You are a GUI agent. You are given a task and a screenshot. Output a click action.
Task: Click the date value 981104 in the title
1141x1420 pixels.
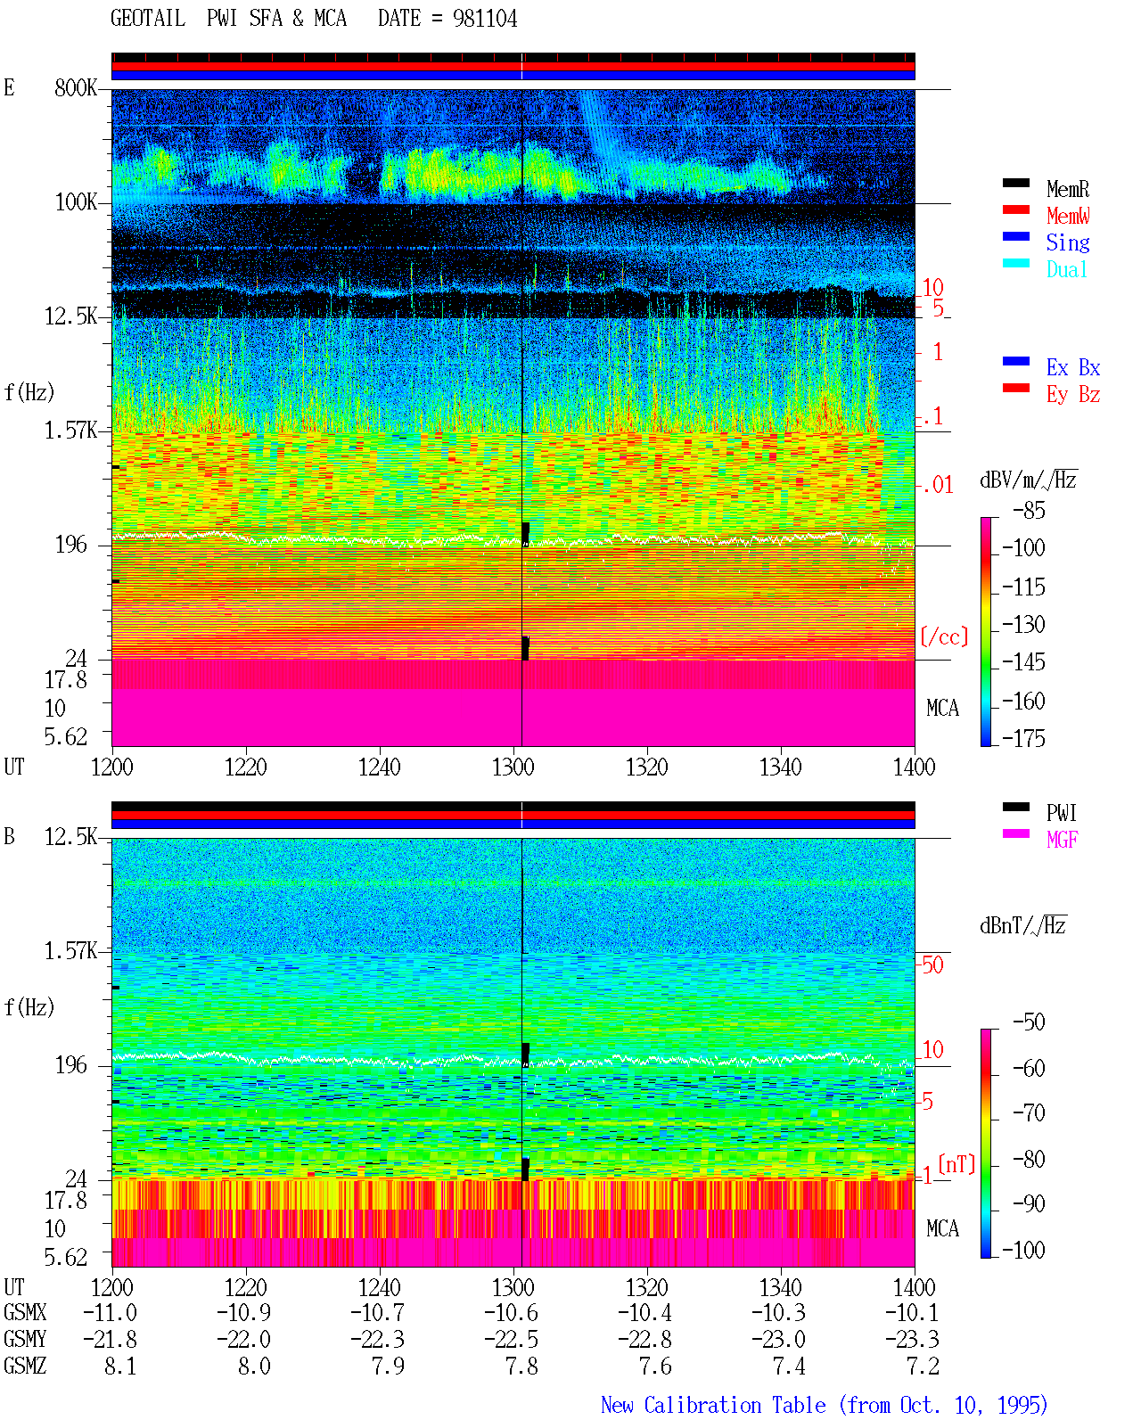tap(485, 19)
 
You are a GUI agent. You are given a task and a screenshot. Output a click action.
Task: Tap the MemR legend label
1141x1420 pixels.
tap(1068, 189)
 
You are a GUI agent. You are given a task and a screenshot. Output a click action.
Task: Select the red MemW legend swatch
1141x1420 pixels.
tap(1015, 209)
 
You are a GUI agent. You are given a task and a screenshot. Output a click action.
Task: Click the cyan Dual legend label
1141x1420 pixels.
tap(1066, 269)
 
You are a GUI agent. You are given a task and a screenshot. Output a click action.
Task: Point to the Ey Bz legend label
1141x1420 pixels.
tap(1073, 394)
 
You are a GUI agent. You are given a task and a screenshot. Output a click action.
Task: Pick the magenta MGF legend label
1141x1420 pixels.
tap(1062, 840)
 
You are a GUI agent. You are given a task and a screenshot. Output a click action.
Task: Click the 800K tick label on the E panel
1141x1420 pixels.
tap(76, 87)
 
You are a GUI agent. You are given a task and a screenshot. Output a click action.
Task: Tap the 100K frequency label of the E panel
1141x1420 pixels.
tap(76, 202)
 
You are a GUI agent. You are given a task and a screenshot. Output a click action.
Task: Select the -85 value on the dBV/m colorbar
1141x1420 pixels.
tap(1029, 510)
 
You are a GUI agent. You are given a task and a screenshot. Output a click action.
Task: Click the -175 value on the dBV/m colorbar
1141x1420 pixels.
tap(1023, 738)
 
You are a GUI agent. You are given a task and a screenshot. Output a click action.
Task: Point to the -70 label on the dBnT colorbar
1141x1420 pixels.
tap(1029, 1112)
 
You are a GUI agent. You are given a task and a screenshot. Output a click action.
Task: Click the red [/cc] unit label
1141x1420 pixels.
tap(944, 636)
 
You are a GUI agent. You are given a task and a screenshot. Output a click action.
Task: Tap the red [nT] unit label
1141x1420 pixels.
tap(956, 1163)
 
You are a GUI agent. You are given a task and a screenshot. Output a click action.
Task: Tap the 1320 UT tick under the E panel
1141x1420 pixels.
tap(647, 767)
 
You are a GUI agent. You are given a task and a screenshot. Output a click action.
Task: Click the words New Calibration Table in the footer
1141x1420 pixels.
tap(713, 1405)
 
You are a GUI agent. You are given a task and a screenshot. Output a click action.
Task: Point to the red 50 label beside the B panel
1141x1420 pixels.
tap(932, 964)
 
